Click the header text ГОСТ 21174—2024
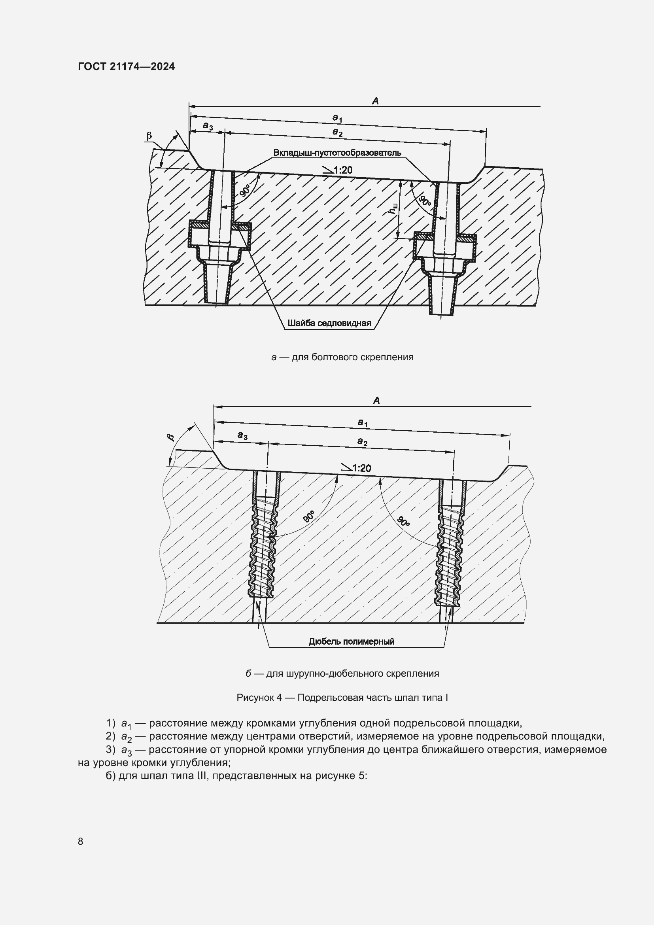click(x=127, y=66)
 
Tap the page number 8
click(x=81, y=841)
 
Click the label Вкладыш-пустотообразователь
click(x=337, y=153)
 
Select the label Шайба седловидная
click(x=329, y=323)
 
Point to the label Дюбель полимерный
click(x=351, y=641)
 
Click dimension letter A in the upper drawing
click(x=375, y=101)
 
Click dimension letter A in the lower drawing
click(x=376, y=401)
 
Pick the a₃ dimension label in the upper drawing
click(x=208, y=126)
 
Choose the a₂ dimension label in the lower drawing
click(x=362, y=442)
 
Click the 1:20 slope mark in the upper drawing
click(x=338, y=170)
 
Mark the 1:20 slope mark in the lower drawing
click(x=356, y=468)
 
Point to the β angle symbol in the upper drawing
click(x=149, y=136)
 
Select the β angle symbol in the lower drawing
click(x=171, y=437)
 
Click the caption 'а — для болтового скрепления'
click(x=342, y=357)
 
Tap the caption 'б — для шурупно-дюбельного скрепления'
click(x=342, y=673)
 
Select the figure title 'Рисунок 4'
click(x=342, y=697)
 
